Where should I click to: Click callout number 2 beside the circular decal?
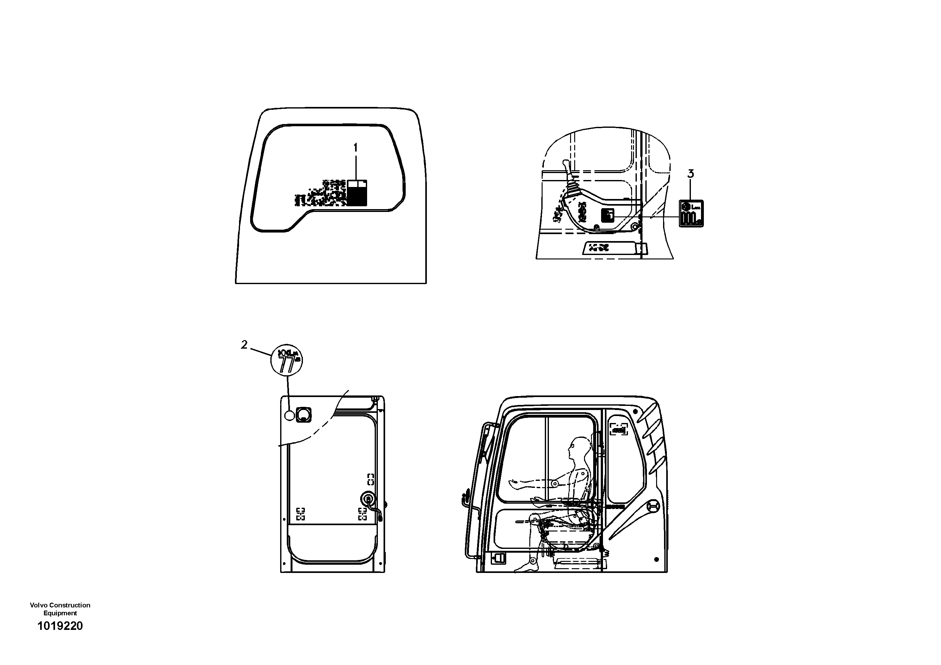click(244, 345)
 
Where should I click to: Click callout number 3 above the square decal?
click(691, 174)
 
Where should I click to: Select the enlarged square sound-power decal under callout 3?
click(691, 213)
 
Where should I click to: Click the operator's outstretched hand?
click(513, 484)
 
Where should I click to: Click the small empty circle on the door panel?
click(289, 416)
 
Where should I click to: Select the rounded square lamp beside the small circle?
click(303, 414)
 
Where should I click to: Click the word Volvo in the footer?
click(39, 605)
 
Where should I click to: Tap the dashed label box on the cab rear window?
click(618, 429)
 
